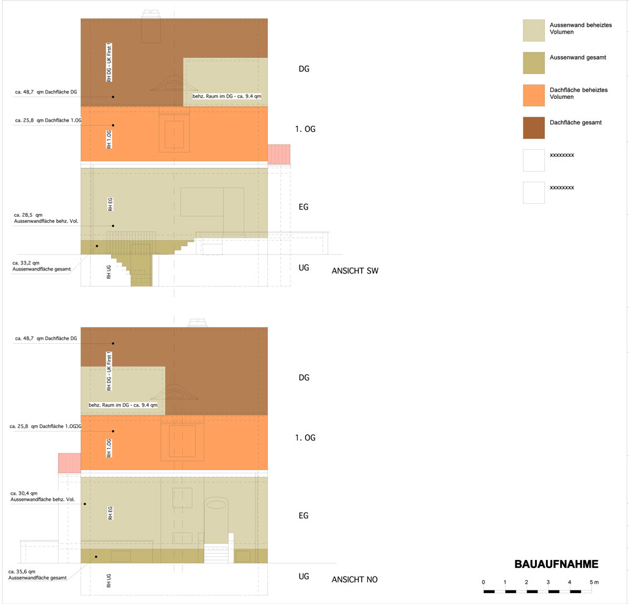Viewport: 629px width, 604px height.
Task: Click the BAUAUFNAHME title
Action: click(556, 564)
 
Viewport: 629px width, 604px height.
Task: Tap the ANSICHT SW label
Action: click(355, 271)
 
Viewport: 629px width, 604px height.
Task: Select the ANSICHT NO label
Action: click(354, 579)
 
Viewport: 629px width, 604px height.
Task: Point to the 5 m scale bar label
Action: click(595, 582)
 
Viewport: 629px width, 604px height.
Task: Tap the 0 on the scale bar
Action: click(483, 582)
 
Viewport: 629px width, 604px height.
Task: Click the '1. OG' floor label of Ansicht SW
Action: click(305, 129)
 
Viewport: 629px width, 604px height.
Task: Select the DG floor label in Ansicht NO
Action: click(304, 377)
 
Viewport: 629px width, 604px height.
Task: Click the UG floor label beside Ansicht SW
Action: click(304, 267)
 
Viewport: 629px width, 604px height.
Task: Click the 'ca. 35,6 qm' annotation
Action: click(22, 572)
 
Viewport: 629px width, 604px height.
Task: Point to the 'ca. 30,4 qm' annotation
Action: click(24, 493)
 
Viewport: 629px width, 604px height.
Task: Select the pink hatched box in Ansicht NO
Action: click(70, 462)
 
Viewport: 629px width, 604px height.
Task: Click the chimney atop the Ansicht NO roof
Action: click(199, 322)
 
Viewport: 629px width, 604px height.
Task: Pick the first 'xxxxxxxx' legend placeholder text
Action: click(562, 155)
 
